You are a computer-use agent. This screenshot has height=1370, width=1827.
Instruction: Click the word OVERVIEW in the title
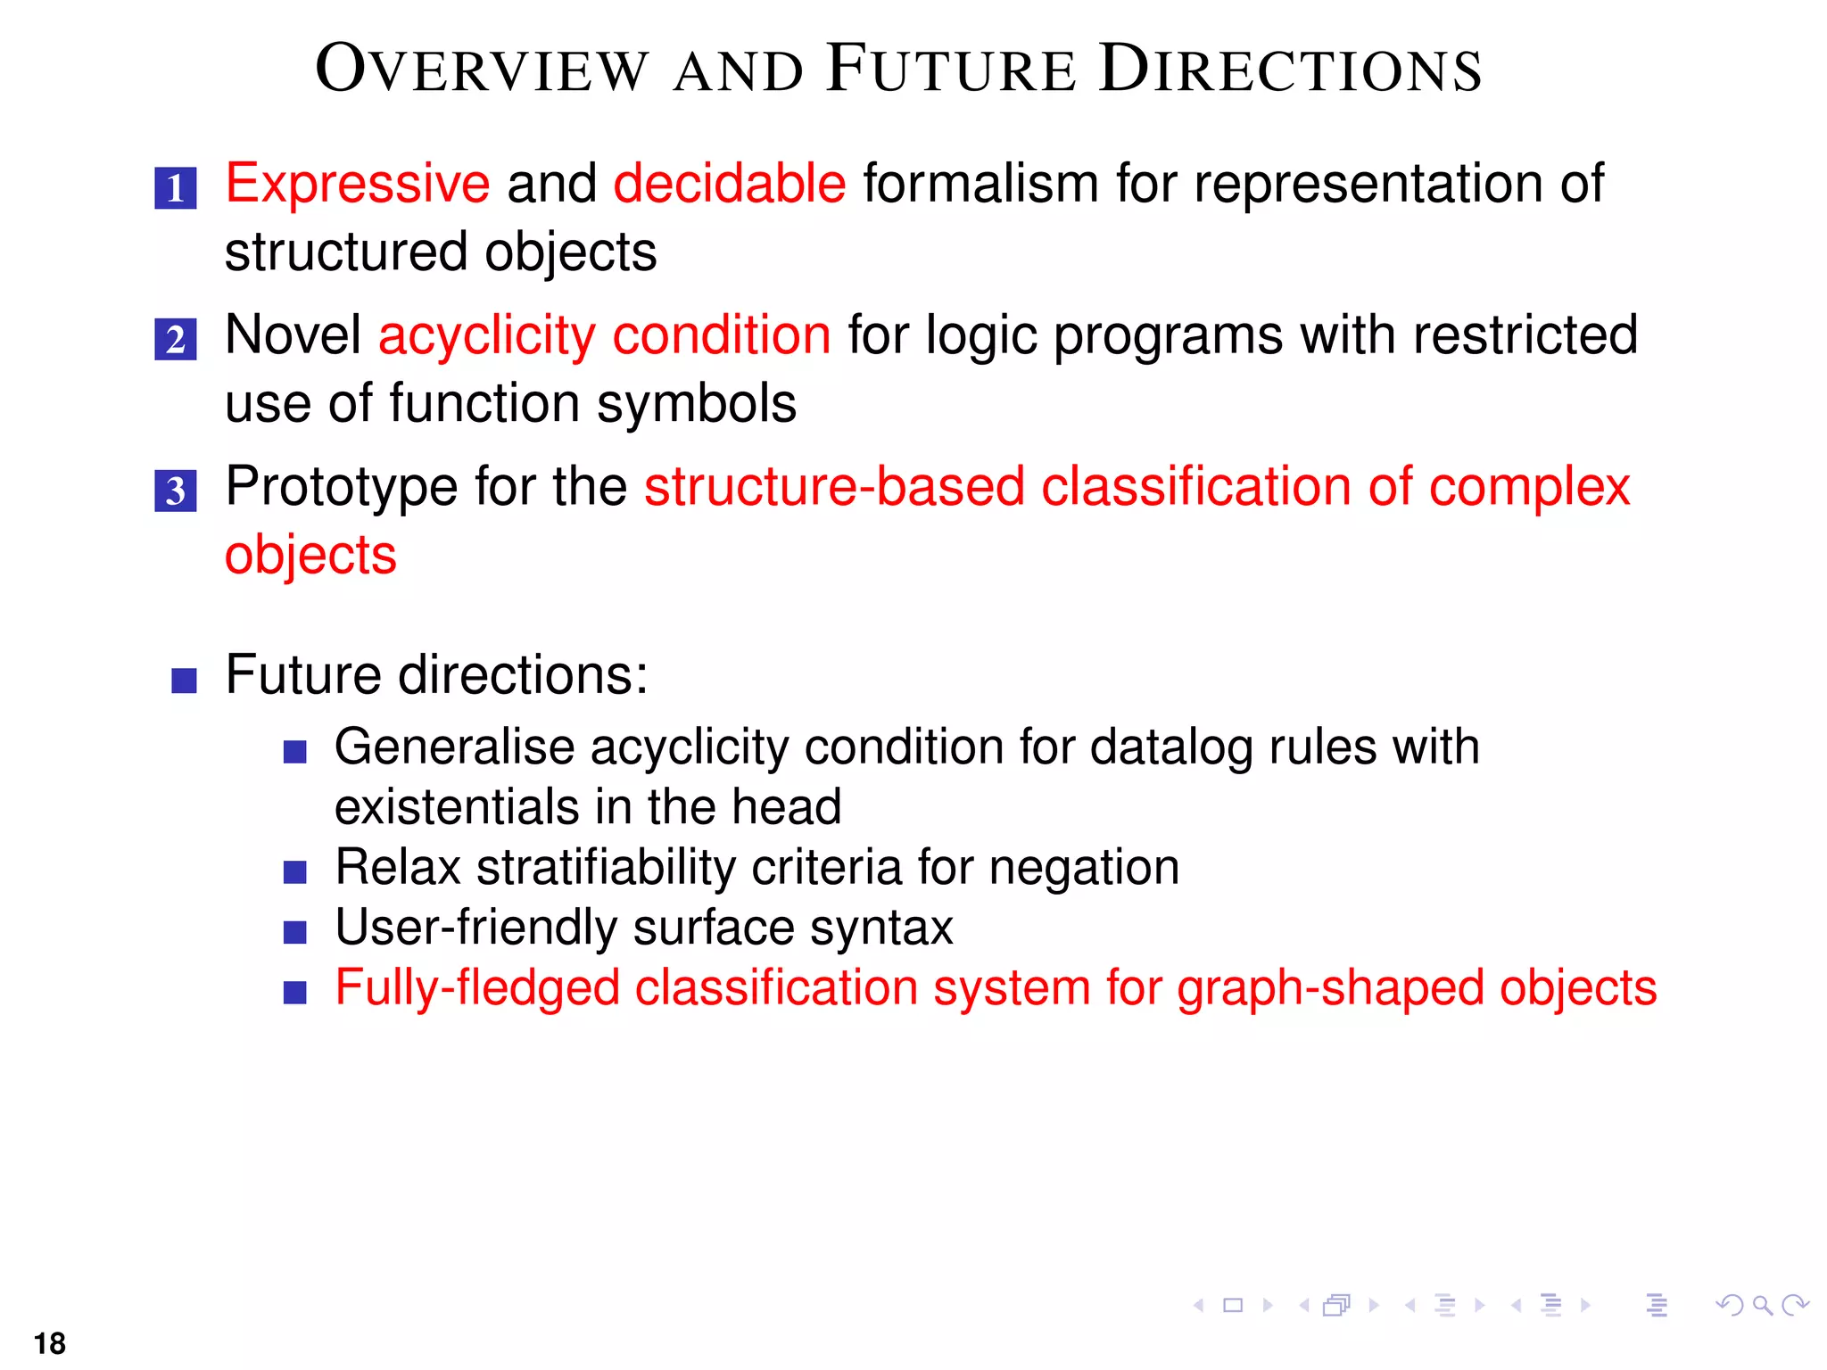click(x=482, y=70)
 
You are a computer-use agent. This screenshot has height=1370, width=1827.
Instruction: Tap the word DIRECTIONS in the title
click(x=1290, y=70)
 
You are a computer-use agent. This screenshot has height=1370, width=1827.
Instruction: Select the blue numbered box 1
click(x=176, y=188)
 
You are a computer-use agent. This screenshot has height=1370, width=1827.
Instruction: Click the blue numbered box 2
click(x=176, y=340)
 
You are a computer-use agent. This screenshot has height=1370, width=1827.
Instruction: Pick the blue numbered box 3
click(x=176, y=491)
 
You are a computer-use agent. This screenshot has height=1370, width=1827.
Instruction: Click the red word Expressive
click(x=357, y=185)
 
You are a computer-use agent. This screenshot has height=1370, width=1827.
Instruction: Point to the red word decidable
click(x=729, y=185)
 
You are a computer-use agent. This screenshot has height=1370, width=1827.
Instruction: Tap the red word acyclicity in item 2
click(x=486, y=337)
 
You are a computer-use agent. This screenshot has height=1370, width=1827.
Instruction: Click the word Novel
click(x=293, y=335)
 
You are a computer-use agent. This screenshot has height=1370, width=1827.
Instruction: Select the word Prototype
click(x=341, y=488)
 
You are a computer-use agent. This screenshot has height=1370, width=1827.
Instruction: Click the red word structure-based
click(x=834, y=488)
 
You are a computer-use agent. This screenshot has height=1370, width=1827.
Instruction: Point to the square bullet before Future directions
click(x=184, y=681)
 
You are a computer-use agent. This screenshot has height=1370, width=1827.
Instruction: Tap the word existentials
click(x=456, y=807)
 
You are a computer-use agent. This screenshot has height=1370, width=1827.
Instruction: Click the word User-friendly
click(x=475, y=928)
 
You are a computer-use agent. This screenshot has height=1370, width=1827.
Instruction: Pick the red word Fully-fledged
click(x=476, y=989)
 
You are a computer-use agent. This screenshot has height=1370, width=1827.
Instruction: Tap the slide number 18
click(x=50, y=1343)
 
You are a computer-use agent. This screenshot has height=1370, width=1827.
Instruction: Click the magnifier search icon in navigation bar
click(x=1762, y=1306)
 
